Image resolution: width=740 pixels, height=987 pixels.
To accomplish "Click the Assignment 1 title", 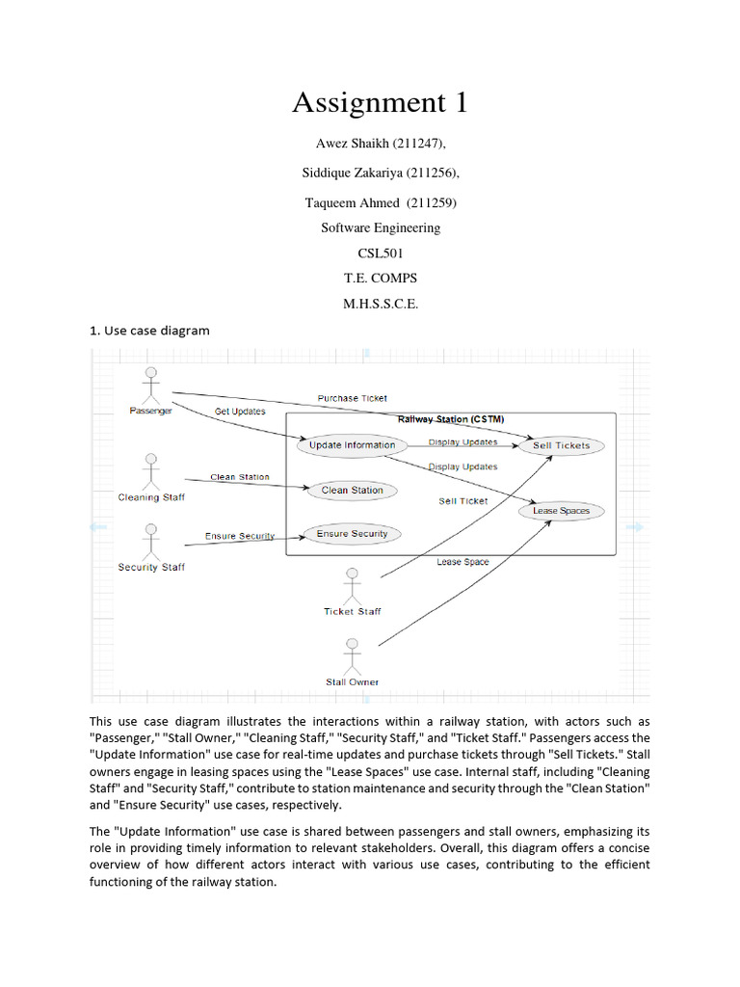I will coord(380,101).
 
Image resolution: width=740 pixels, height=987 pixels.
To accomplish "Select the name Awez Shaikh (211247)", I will coord(380,144).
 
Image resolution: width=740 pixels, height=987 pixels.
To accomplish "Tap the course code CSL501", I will coord(380,253).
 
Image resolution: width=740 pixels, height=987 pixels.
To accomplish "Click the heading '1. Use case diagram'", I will coord(149,331).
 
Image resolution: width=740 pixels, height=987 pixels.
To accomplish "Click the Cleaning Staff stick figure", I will coord(150,472).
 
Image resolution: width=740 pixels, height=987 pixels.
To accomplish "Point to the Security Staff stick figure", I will coord(150,542).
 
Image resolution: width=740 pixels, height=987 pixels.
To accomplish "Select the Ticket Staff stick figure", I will coord(352,586).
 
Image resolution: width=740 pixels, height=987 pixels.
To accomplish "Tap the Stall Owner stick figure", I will coord(352,656).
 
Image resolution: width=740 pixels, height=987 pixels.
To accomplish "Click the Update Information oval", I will coord(353,445).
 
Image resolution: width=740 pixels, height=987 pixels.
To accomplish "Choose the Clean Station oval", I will coord(352,491).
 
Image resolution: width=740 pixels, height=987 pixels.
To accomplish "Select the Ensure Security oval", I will coord(352,534).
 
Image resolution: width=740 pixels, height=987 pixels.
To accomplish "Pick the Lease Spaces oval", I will coord(561,511).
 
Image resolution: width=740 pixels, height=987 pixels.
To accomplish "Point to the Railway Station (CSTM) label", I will coord(451,419).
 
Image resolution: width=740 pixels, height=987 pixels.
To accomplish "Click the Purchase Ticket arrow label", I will coord(353,398).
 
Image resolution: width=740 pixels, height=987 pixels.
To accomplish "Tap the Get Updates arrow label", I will coord(239,412).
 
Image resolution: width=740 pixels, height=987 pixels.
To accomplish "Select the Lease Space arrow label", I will coord(462,562).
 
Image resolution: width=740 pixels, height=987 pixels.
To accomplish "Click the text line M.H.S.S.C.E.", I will coord(380,304).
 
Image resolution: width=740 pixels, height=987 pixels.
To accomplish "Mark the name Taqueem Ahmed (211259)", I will coord(380,203).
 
